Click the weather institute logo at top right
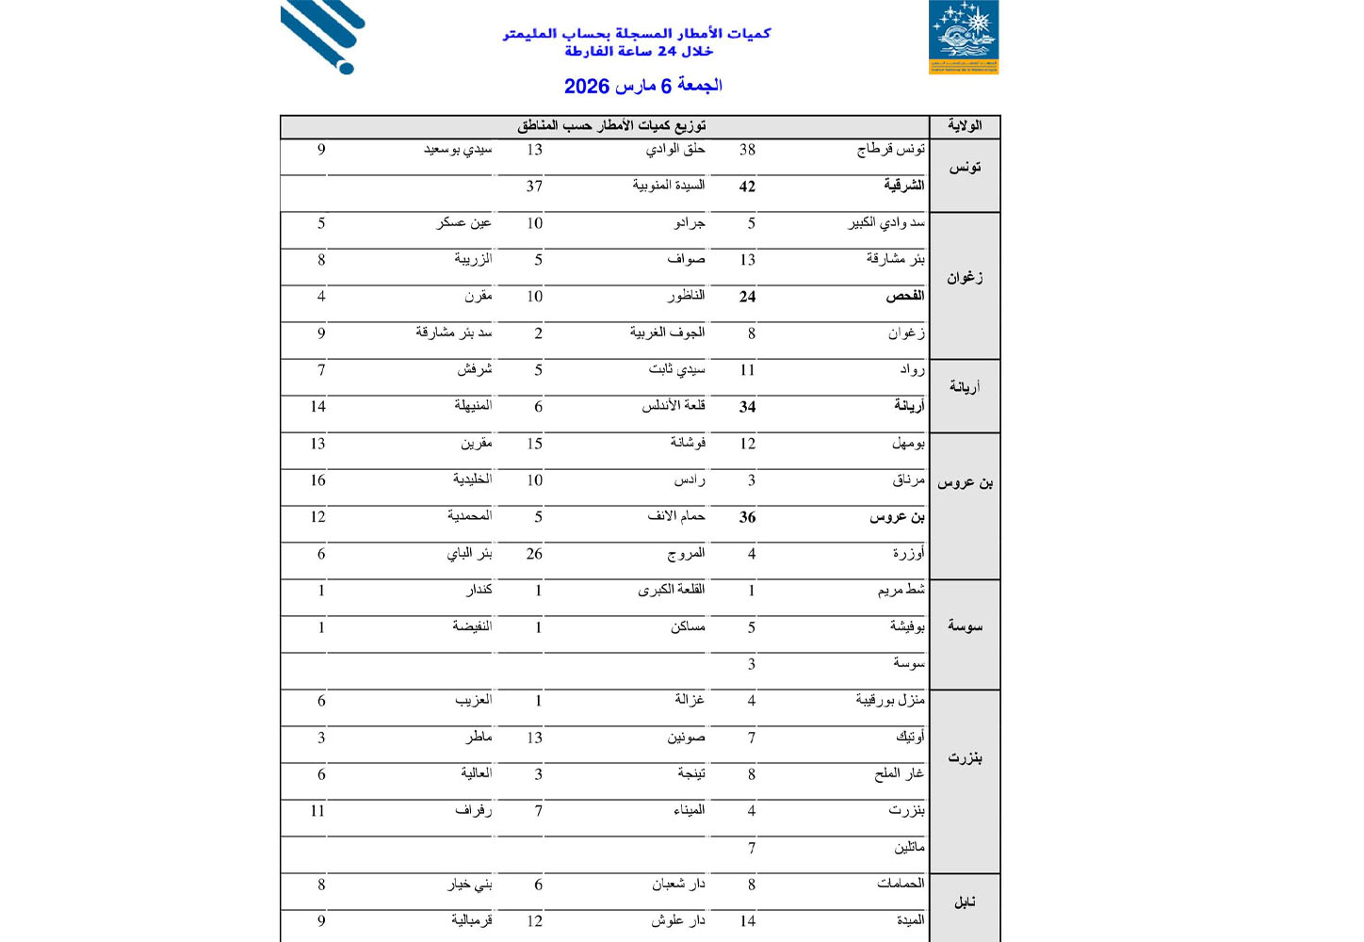click(963, 37)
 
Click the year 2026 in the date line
click(587, 87)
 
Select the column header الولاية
click(965, 126)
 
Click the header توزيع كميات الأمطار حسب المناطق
click(611, 126)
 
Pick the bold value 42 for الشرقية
click(747, 187)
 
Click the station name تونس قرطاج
click(890, 149)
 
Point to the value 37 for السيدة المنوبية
click(534, 187)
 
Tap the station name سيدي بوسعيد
click(458, 149)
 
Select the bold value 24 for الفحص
click(747, 297)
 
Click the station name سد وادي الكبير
click(886, 223)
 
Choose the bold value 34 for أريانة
click(747, 407)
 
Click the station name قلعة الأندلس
click(674, 406)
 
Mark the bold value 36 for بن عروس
click(747, 517)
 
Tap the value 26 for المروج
click(534, 554)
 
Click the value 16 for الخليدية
click(318, 480)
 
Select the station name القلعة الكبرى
click(672, 590)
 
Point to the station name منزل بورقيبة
click(890, 700)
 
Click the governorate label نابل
click(965, 902)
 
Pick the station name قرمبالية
click(472, 920)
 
